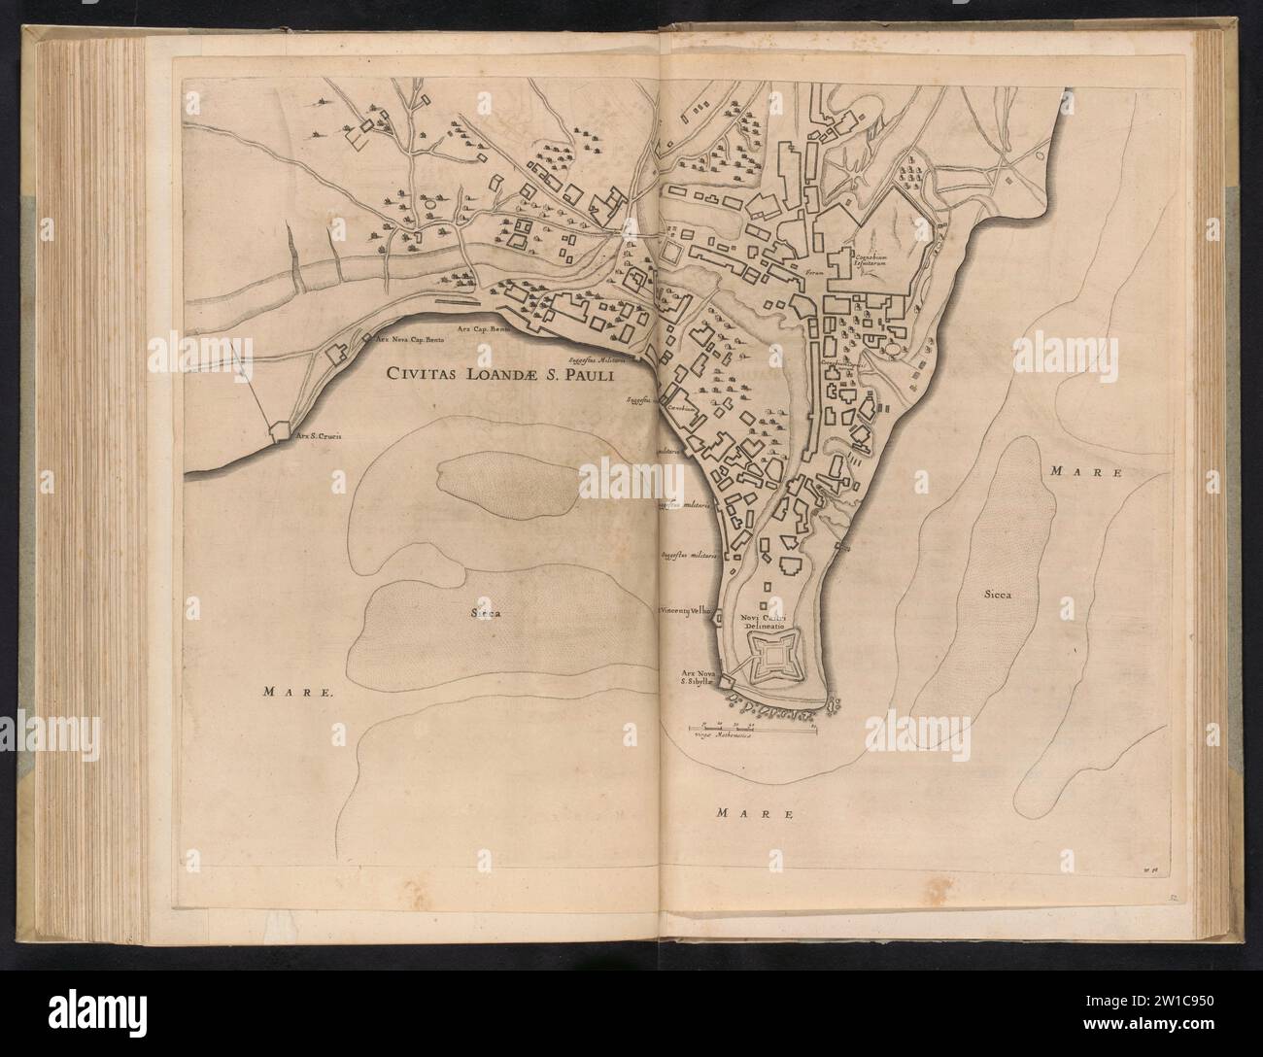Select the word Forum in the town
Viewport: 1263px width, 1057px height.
pos(801,273)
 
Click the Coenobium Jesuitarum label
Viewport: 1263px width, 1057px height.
pos(873,256)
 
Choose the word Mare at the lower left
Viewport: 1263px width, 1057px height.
pos(299,693)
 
